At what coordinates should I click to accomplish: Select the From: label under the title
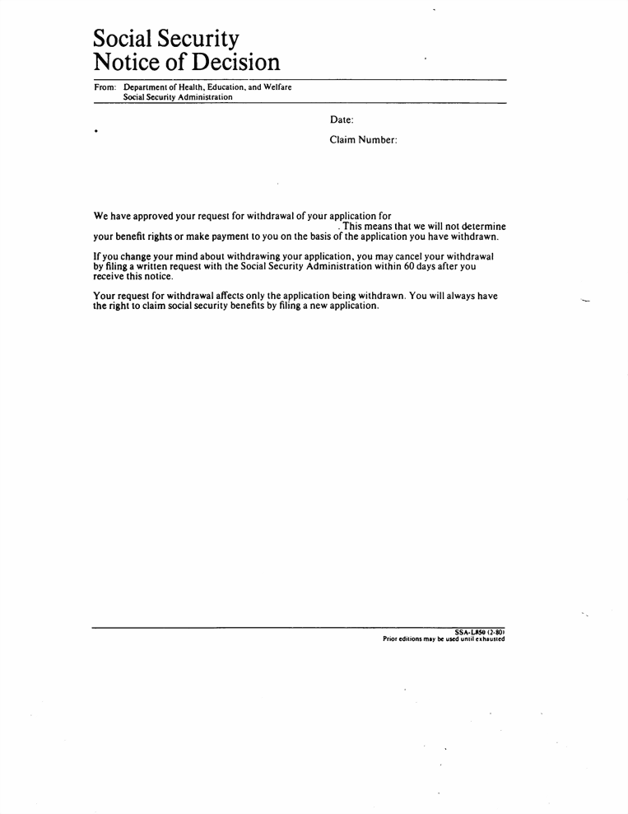coord(105,87)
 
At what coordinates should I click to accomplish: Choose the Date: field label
coord(342,120)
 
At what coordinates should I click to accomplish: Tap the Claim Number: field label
coord(364,140)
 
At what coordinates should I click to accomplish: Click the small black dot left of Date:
coord(96,130)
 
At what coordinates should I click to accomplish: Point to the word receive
coord(110,277)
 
